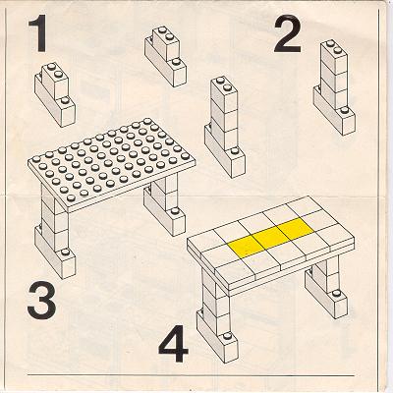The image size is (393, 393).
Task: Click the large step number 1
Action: [38, 34]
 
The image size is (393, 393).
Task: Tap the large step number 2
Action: [287, 35]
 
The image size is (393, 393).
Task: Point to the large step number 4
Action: [173, 343]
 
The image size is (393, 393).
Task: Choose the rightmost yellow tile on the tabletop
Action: [295, 226]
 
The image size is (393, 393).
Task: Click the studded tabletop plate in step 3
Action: [112, 164]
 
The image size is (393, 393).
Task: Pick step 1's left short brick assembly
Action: [55, 95]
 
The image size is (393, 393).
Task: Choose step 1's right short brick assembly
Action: [166, 57]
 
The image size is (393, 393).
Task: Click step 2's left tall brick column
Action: [225, 128]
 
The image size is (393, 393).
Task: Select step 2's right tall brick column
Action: [334, 87]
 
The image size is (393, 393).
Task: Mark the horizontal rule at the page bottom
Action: [191, 375]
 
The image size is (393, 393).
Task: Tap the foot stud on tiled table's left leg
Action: [225, 337]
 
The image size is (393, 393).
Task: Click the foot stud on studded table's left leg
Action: [65, 252]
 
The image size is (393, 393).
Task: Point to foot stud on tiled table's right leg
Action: [336, 293]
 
